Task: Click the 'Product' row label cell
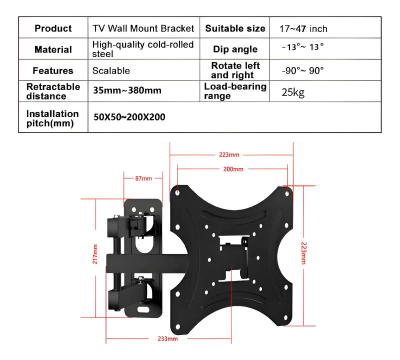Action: [53, 28]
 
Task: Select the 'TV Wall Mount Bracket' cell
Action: [143, 28]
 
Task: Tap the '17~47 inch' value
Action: [303, 29]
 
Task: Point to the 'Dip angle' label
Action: [235, 49]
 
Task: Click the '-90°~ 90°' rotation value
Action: [302, 70]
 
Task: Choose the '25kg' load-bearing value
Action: [293, 92]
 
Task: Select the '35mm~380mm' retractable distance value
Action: [127, 91]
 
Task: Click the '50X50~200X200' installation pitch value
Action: [129, 117]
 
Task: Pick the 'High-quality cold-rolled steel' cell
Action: [143, 49]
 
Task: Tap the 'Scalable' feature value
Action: [111, 71]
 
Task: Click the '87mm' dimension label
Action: [143, 178]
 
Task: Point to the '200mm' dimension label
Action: [233, 169]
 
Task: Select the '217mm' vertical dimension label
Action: [95, 257]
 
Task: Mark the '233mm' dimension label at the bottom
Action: [167, 339]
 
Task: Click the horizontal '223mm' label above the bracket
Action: [229, 154]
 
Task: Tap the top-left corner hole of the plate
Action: [178, 190]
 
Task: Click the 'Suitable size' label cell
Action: [235, 28]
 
